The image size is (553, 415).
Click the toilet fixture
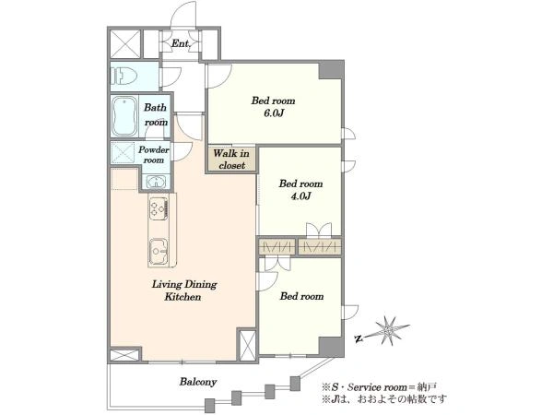[123, 76]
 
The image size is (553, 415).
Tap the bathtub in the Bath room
[124, 116]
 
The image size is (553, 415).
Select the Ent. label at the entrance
[181, 43]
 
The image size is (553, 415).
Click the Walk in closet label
[231, 160]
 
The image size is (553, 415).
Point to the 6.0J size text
[274, 113]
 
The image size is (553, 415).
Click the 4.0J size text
[300, 196]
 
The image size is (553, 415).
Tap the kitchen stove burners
[159, 208]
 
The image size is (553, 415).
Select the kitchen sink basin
[159, 251]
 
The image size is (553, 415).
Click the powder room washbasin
[155, 182]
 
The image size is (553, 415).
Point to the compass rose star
[388, 330]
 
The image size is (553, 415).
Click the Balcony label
[198, 382]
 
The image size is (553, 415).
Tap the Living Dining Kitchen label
[184, 290]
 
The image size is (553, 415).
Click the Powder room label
[154, 155]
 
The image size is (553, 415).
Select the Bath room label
[156, 114]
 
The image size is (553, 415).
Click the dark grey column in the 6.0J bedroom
[331, 70]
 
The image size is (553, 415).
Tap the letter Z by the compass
[359, 339]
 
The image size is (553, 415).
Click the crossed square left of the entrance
[125, 43]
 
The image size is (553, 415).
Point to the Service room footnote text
[379, 387]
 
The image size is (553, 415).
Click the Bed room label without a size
[301, 296]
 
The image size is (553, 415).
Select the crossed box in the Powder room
[123, 152]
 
